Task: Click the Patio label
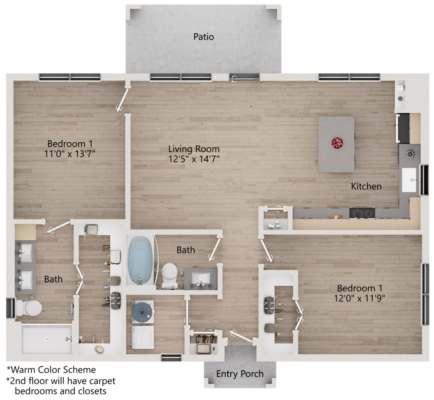click(x=204, y=37)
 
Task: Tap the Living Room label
click(x=194, y=149)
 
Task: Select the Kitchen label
click(x=366, y=186)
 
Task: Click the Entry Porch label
click(x=240, y=374)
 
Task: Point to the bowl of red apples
click(x=337, y=143)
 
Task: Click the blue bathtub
click(x=140, y=260)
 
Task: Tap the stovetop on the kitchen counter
click(x=362, y=213)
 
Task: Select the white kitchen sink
click(x=409, y=180)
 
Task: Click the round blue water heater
click(x=142, y=312)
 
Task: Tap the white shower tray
click(x=47, y=339)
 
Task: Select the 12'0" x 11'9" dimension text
click(x=360, y=299)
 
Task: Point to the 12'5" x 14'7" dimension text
click(x=194, y=159)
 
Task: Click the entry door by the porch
click(x=241, y=336)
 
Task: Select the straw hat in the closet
click(x=99, y=349)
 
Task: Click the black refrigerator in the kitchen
click(x=403, y=128)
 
